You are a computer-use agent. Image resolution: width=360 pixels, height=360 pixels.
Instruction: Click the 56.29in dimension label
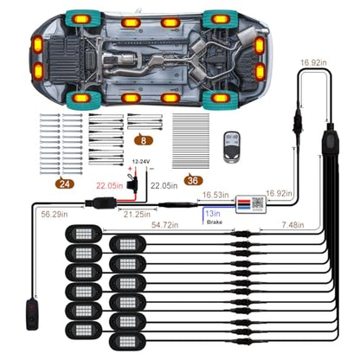pyautogui.click(x=55, y=215)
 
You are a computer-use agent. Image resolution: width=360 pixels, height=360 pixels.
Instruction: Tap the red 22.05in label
pyautogui.click(x=110, y=185)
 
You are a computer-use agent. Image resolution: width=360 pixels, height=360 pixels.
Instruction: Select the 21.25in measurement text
pyautogui.click(x=137, y=215)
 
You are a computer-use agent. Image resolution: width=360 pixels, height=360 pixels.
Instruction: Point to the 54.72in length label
pyautogui.click(x=164, y=225)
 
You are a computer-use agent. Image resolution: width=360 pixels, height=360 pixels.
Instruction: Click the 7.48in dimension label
pyautogui.click(x=292, y=225)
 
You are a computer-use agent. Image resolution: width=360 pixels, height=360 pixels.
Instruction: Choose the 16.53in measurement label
pyautogui.click(x=215, y=195)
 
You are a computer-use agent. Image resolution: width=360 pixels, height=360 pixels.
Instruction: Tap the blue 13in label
pyautogui.click(x=213, y=214)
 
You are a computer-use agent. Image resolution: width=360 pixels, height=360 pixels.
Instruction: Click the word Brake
pyautogui.click(x=215, y=222)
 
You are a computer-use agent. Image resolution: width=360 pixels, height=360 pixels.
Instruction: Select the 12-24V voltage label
pyautogui.click(x=141, y=162)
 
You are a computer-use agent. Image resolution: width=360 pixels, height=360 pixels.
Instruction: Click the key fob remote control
pyautogui.click(x=232, y=147)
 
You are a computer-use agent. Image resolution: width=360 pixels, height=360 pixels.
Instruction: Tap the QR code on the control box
pyautogui.click(x=258, y=203)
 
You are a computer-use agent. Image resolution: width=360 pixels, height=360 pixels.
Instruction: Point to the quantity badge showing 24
pyautogui.click(x=65, y=183)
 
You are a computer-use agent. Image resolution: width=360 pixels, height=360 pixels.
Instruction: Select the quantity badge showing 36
pyautogui.click(x=193, y=180)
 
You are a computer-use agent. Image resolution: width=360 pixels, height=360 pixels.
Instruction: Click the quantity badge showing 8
pyautogui.click(x=144, y=140)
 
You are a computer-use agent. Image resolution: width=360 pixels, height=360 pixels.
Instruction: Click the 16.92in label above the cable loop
pyautogui.click(x=313, y=62)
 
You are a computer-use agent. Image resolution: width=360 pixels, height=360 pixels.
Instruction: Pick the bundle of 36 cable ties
pyautogui.click(x=190, y=141)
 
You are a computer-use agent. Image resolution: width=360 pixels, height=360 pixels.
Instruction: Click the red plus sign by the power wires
pyautogui.click(x=131, y=169)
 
